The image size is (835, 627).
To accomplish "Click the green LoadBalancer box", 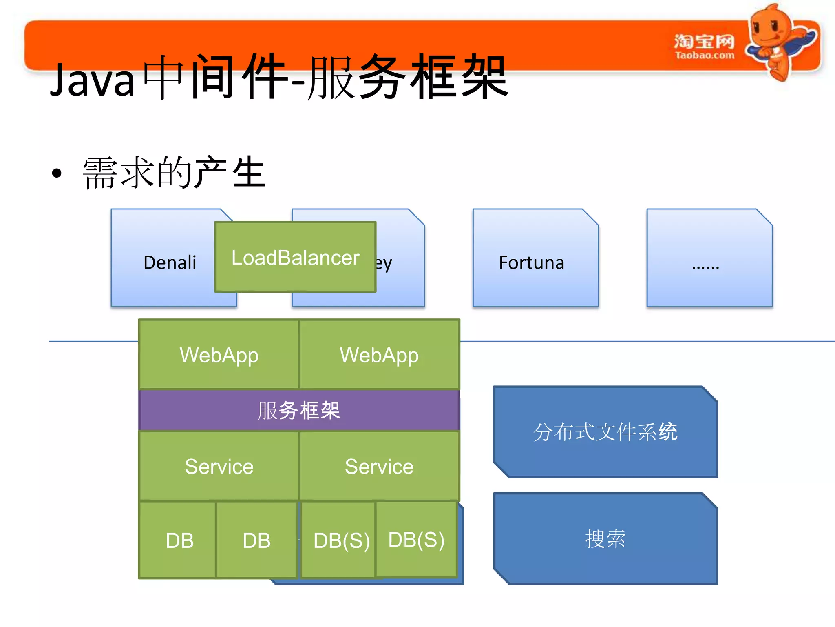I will [x=295, y=257].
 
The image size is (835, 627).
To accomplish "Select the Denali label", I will [x=170, y=262].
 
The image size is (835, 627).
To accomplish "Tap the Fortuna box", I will [x=535, y=261].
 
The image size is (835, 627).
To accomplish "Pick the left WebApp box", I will [x=219, y=355].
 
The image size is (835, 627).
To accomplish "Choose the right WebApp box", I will [x=379, y=355].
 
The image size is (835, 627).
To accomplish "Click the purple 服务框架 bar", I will [x=299, y=410].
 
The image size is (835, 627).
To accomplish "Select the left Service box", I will [x=219, y=466].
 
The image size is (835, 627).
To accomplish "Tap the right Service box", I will [x=379, y=466].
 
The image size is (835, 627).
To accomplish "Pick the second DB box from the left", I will [x=256, y=540].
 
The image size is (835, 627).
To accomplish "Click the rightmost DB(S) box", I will [x=416, y=539].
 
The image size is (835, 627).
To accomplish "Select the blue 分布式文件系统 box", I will [x=605, y=432].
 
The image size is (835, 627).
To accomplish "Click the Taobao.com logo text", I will [x=704, y=55].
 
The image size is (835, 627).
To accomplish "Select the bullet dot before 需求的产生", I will [x=57, y=173].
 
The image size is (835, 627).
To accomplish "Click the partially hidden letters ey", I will [x=384, y=263].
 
